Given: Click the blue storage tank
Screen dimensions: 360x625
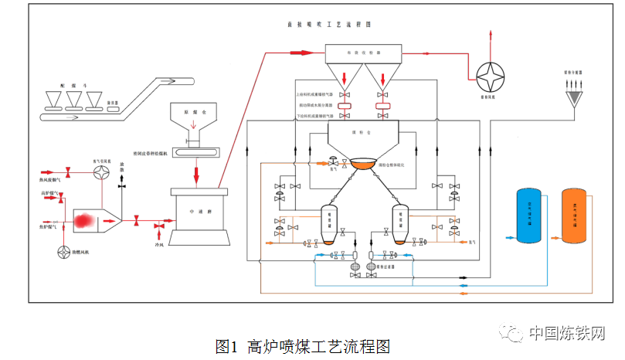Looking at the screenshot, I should (529, 217).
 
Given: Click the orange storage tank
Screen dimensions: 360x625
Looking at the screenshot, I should (572, 217).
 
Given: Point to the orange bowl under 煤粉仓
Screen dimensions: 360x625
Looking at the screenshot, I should (363, 164).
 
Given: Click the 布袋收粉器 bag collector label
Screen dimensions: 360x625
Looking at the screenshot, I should (362, 53).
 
